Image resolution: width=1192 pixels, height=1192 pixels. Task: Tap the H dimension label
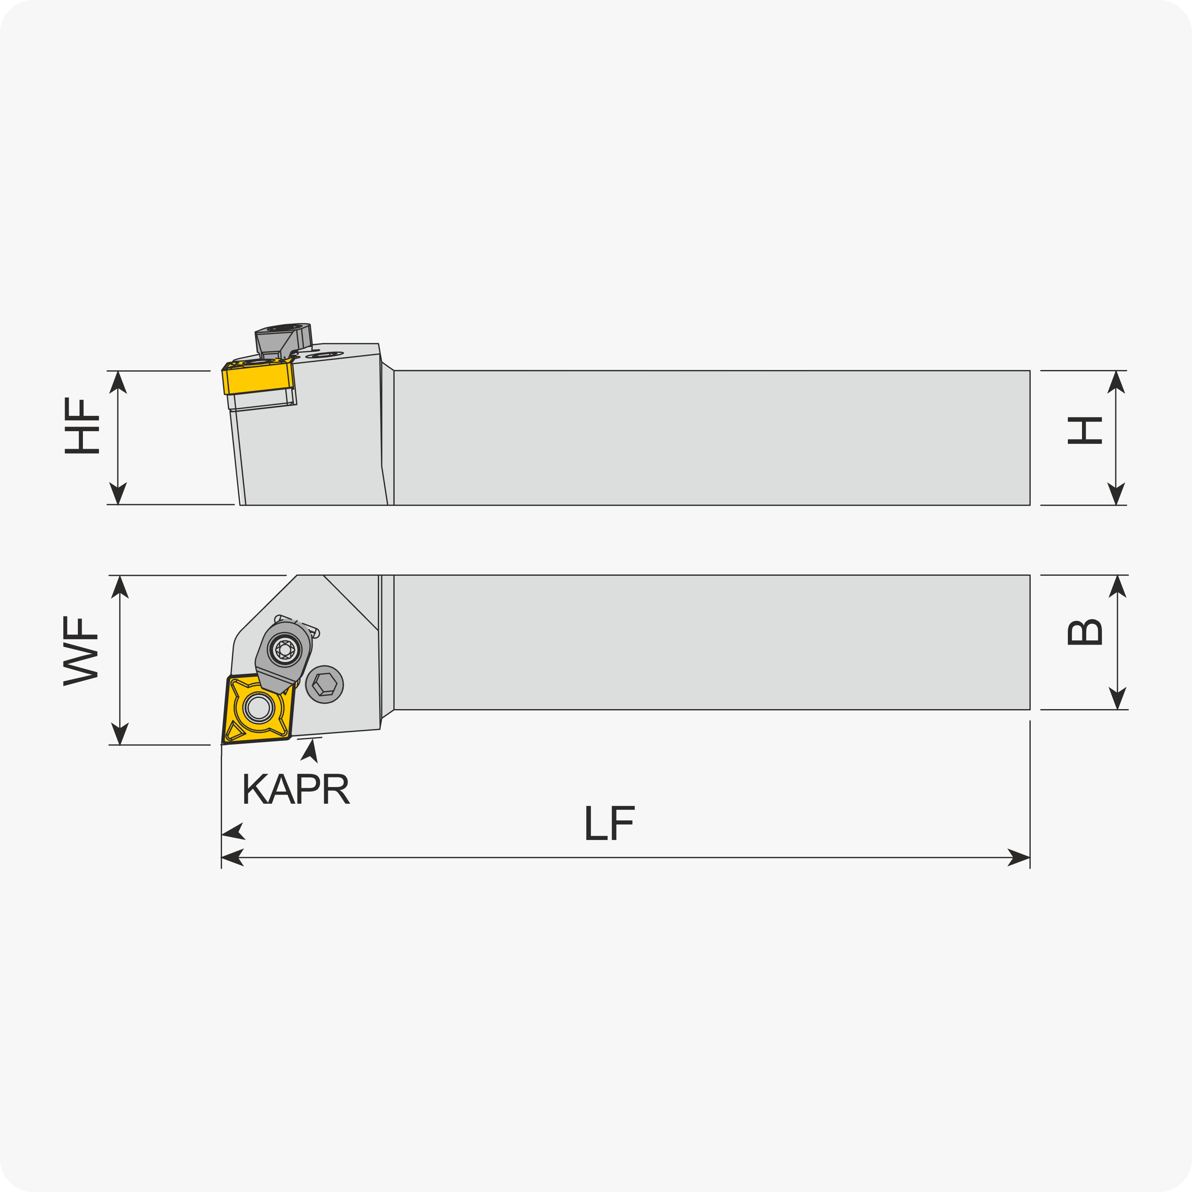point(1084,431)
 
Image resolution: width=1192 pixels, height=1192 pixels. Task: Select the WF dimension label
point(80,650)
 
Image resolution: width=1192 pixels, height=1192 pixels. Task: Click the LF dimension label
point(610,823)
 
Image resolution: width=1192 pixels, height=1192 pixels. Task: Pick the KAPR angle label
point(296,789)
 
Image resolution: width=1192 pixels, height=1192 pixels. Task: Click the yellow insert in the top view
point(258,708)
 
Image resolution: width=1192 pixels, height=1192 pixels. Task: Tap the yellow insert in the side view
point(258,377)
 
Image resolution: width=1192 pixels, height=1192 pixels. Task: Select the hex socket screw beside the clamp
point(325,684)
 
